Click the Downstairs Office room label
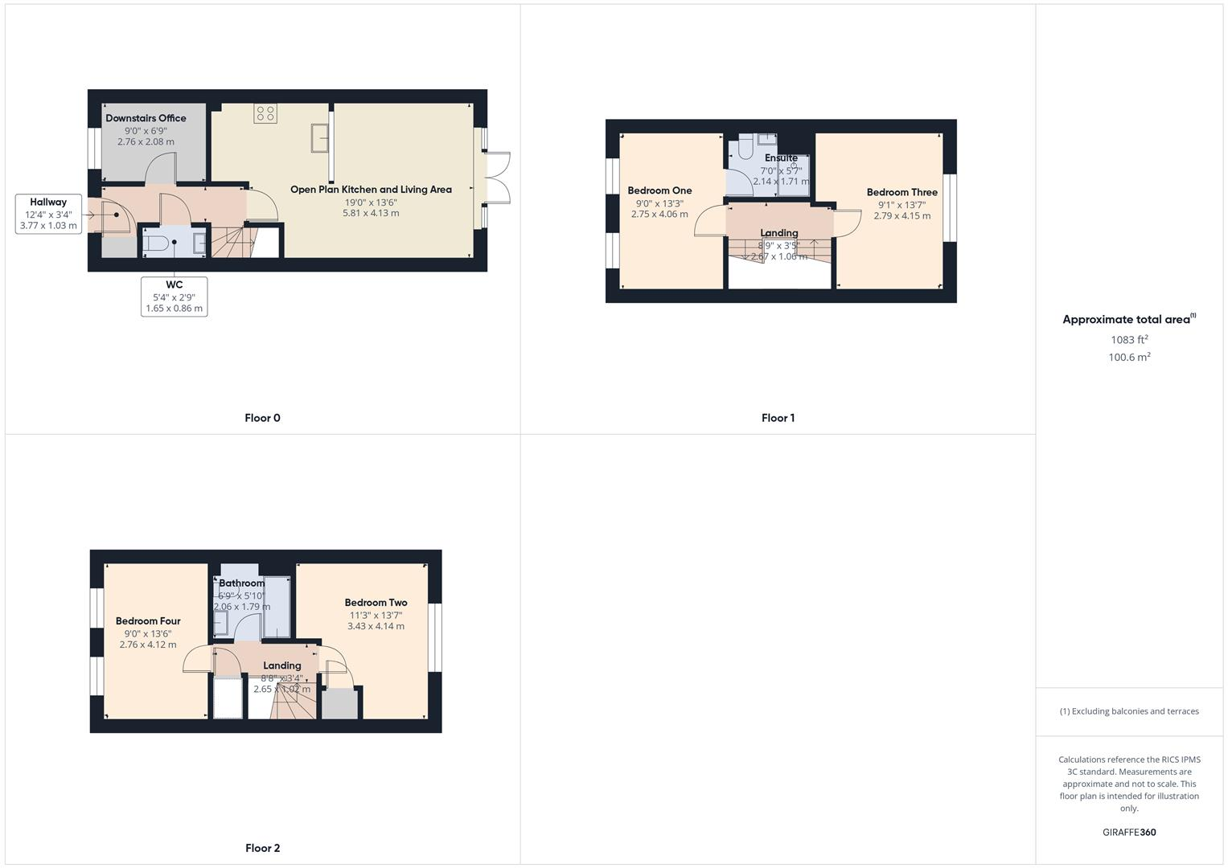tap(146, 118)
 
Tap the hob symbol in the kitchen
tap(265, 113)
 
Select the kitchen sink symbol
tap(320, 137)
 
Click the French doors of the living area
tap(498, 178)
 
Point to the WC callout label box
tap(174, 296)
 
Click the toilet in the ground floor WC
tap(158, 243)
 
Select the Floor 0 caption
tap(262, 418)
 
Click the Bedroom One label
tap(659, 190)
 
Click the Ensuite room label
tap(781, 158)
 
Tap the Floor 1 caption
tap(778, 418)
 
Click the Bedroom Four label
tap(148, 620)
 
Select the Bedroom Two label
tap(376, 603)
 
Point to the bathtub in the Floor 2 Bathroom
tap(277, 607)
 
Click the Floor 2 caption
tap(262, 848)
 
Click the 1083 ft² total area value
tap(1129, 340)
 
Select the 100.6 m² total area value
tap(1129, 358)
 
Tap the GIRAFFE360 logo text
tap(1129, 833)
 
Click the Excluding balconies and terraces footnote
tap(1129, 711)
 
